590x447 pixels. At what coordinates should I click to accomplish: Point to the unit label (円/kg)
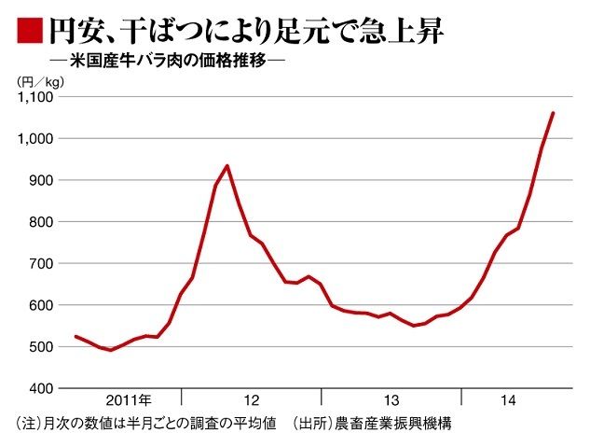pos(38,82)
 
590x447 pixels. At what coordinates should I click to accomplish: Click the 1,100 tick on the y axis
pos(36,97)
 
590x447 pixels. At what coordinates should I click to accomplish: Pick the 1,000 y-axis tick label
pos(36,138)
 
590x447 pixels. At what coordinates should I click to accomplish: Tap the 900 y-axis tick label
pos(43,180)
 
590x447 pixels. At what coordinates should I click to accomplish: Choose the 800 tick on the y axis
pos(43,222)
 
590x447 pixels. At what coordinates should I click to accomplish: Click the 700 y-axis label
pos(43,263)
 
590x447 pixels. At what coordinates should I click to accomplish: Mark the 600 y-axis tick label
pos(43,305)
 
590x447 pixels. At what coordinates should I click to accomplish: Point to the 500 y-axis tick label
pos(43,346)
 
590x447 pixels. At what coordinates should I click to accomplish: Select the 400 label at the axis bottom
pos(43,387)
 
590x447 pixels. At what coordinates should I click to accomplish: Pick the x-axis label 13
pos(391,400)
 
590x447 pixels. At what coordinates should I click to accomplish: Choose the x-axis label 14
pos(508,400)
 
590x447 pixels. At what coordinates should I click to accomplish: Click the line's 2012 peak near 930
pos(227,166)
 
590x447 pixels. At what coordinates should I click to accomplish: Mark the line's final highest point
pos(553,113)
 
